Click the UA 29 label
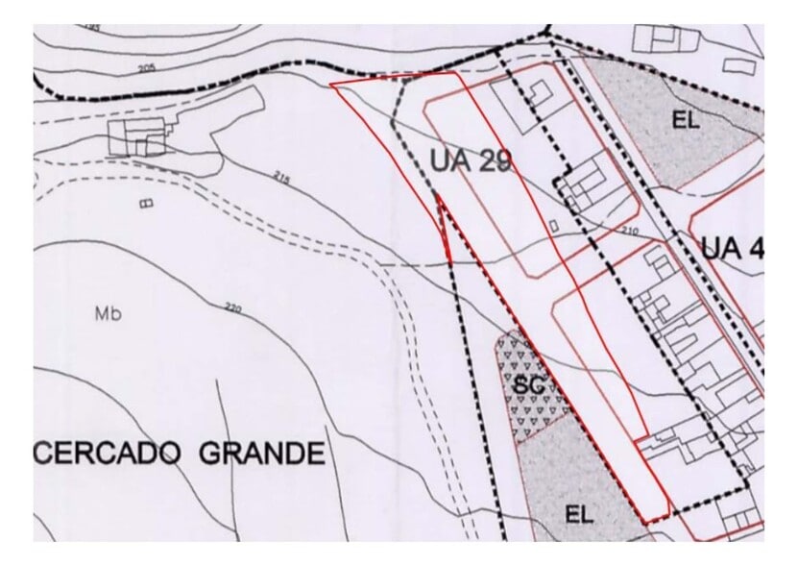470,160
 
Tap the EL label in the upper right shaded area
686,121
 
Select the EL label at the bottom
578,514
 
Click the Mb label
108,313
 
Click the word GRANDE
261,453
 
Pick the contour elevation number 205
146,68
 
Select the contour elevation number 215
281,178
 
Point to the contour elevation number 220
231,308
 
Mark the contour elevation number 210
630,232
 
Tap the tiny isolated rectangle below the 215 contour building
146,204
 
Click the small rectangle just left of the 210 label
554,225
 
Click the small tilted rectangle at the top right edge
739,66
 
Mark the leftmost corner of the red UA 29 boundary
330,85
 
